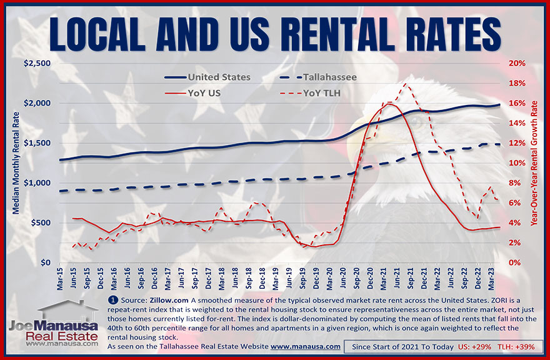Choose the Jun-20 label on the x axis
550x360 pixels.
(347, 279)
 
